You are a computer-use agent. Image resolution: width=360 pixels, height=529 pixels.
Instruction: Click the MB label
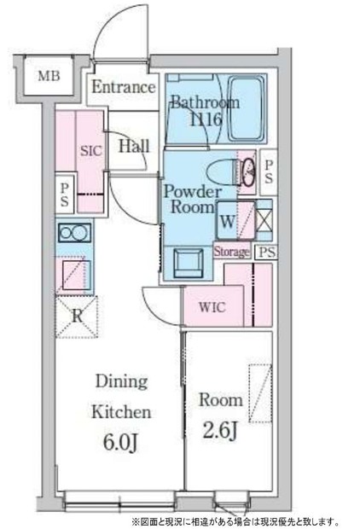[x=49, y=76]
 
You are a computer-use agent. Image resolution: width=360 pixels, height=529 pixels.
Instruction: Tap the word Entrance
[x=124, y=87]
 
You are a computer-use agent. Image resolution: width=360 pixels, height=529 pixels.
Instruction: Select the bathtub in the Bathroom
[x=246, y=108]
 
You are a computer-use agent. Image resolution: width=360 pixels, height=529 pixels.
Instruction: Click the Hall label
[x=134, y=146]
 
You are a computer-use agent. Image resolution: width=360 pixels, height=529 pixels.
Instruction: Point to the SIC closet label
[x=90, y=150]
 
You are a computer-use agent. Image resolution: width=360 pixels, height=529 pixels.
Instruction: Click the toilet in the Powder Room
[x=224, y=172]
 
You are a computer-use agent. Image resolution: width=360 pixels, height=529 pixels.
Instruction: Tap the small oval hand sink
[x=250, y=172]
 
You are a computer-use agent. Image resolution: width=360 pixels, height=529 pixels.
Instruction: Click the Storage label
[x=232, y=252]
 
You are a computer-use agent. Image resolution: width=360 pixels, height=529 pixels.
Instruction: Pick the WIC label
[x=212, y=307]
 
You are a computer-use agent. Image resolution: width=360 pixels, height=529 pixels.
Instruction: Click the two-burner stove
[x=74, y=233]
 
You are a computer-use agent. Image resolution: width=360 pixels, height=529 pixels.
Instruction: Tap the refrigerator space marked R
[x=77, y=317]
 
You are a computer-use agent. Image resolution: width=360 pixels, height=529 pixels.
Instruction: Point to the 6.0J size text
[x=120, y=443]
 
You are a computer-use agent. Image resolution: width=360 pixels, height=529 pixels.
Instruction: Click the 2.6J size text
[x=220, y=430]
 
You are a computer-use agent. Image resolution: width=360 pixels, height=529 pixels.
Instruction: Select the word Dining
[x=122, y=382]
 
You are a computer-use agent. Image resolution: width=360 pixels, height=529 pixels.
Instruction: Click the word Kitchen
[x=121, y=412]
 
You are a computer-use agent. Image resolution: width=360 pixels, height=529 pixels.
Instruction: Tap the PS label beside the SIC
[x=65, y=195]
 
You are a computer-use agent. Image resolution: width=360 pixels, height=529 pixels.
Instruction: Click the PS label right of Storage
[x=267, y=252]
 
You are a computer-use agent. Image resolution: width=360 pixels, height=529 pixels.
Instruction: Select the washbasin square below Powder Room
[x=189, y=264]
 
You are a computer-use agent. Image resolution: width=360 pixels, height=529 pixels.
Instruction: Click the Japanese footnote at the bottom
[x=235, y=521]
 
